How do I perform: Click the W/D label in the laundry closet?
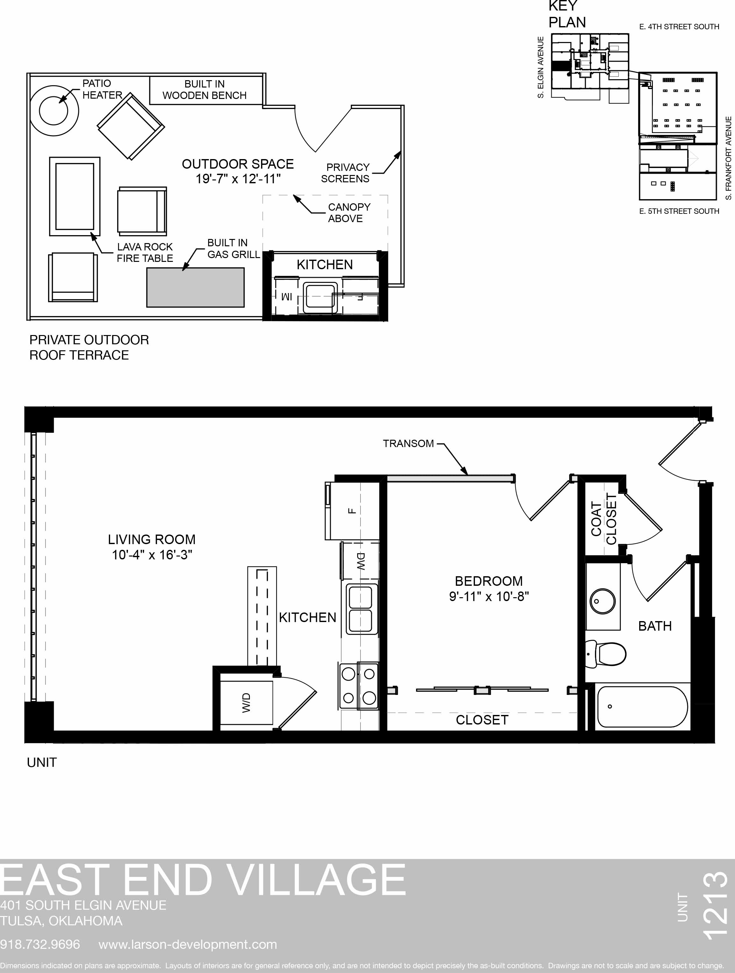pyautogui.click(x=246, y=703)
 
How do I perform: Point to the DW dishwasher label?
pyautogui.click(x=360, y=561)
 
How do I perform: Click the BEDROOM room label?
pyautogui.click(x=489, y=581)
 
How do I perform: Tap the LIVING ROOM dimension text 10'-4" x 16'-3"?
pyautogui.click(x=152, y=555)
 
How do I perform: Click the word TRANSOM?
pyautogui.click(x=408, y=444)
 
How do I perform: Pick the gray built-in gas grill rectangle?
pyautogui.click(x=195, y=287)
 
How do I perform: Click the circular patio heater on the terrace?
pyautogui.click(x=54, y=111)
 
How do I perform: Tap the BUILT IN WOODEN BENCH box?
pyautogui.click(x=206, y=90)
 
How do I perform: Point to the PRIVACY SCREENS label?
pyautogui.click(x=345, y=173)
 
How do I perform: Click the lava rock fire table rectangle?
pyautogui.click(x=75, y=196)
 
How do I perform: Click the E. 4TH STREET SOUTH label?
pyautogui.click(x=679, y=27)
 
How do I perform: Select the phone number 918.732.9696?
pyautogui.click(x=40, y=944)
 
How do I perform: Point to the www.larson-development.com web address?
pyautogui.click(x=188, y=944)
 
